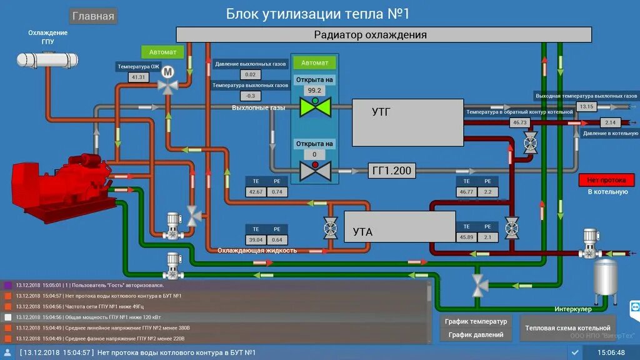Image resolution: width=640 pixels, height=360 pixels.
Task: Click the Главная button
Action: pos(93,16)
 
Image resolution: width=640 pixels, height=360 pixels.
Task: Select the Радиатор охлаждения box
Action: pos(383,34)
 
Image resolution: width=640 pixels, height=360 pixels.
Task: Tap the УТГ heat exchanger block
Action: pos(407,121)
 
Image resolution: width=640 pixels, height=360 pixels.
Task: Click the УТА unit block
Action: pos(399,226)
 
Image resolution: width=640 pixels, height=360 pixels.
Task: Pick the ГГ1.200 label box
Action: pos(391,170)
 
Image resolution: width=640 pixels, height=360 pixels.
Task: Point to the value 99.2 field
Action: pos(314,90)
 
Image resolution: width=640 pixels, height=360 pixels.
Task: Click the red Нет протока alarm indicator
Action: pos(602,180)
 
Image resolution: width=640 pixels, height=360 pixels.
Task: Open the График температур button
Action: pos(476,321)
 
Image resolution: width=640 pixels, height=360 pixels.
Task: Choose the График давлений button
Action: pos(476,334)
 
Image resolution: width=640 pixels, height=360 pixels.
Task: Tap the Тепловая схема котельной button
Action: pos(567,327)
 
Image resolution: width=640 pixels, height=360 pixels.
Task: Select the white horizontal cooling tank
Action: pos(47,60)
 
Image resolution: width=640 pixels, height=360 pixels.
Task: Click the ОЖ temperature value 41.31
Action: pos(138,77)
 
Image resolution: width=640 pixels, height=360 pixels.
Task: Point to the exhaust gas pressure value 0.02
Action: pos(250,75)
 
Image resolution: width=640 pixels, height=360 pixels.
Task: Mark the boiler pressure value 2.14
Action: pos(611,122)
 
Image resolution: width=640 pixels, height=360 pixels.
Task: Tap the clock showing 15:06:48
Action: pos(611,352)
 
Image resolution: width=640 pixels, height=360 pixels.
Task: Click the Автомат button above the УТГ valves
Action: pos(314,62)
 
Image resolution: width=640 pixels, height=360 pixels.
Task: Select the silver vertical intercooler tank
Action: pos(604,277)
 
